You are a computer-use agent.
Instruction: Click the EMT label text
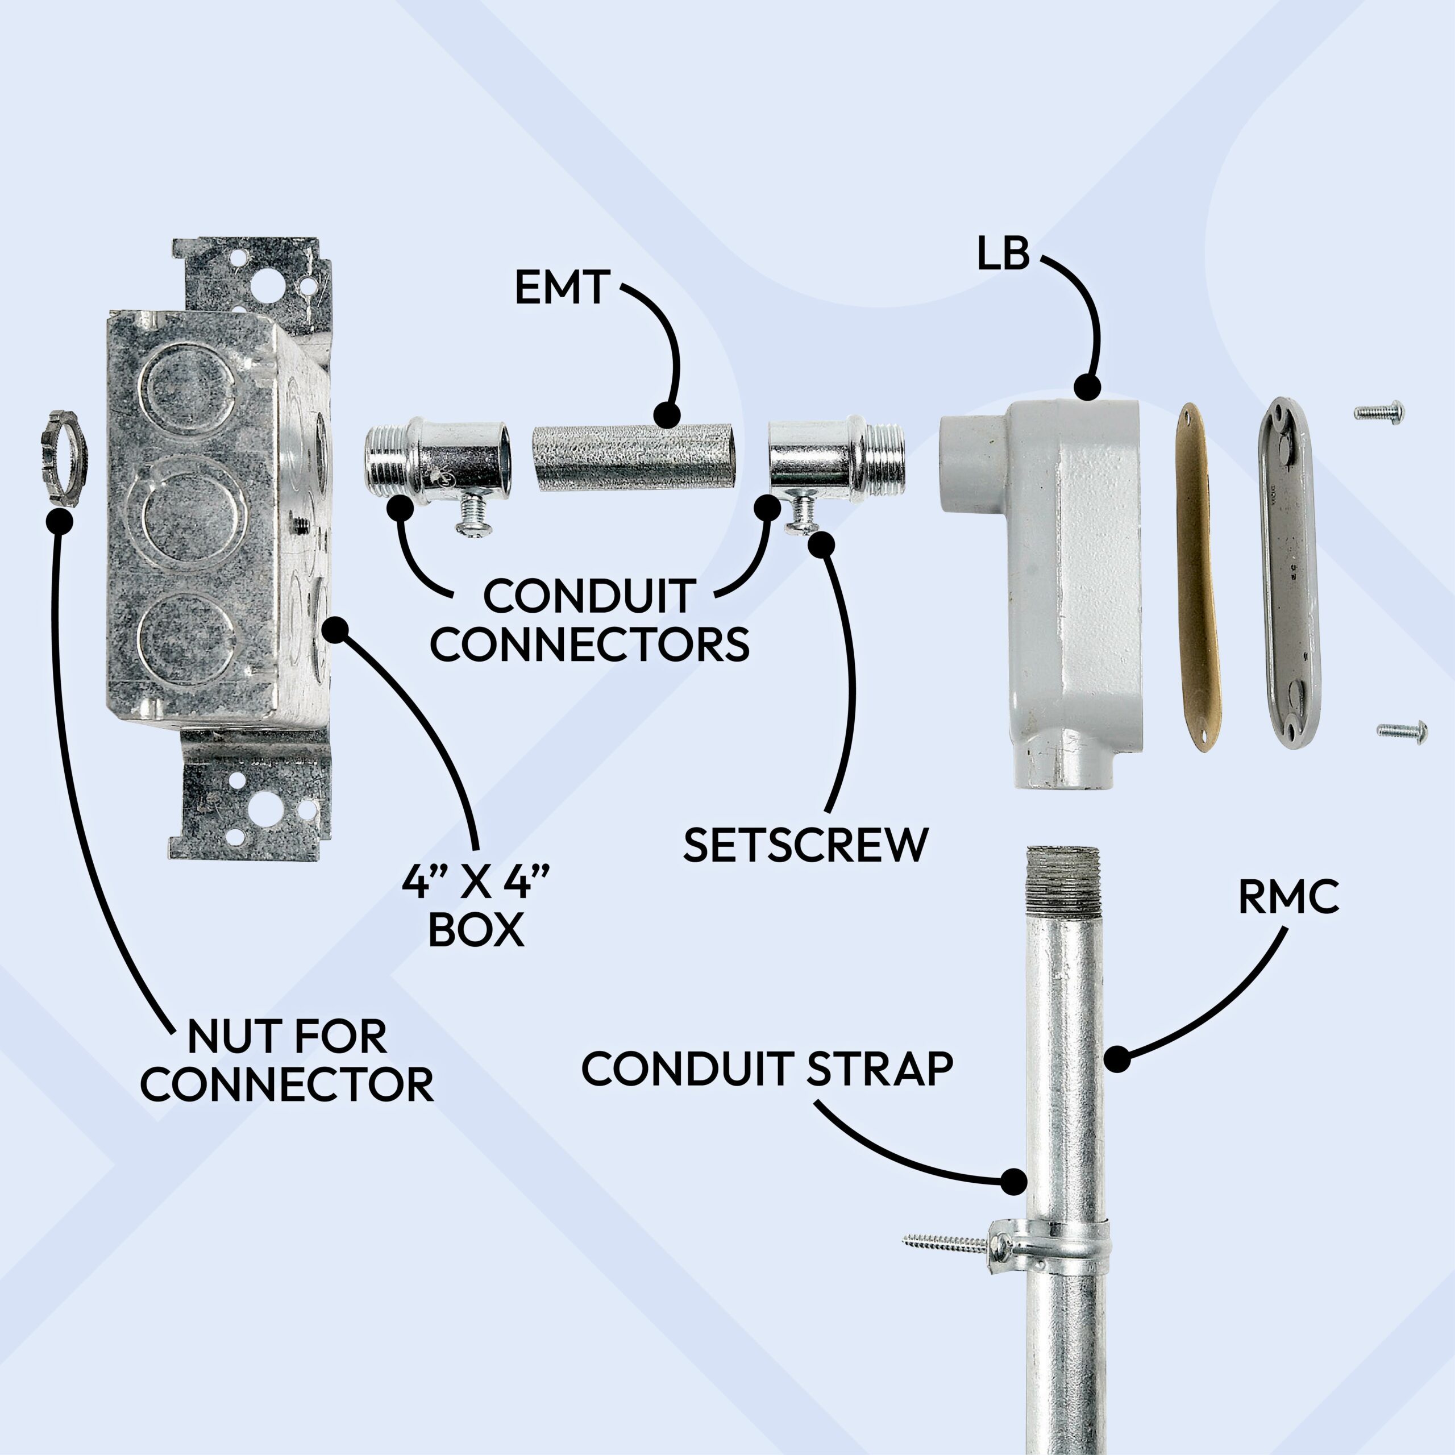tap(561, 288)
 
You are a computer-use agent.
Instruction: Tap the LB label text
tap(1003, 255)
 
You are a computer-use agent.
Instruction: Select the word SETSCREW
tap(805, 845)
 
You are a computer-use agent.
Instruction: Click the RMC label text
tap(1288, 897)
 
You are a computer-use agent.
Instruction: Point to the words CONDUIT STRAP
tap(767, 1069)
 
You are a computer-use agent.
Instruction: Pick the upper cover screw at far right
tap(1379, 412)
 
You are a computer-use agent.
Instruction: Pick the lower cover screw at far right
tap(1402, 730)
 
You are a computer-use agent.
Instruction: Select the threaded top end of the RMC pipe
tap(1064, 878)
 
